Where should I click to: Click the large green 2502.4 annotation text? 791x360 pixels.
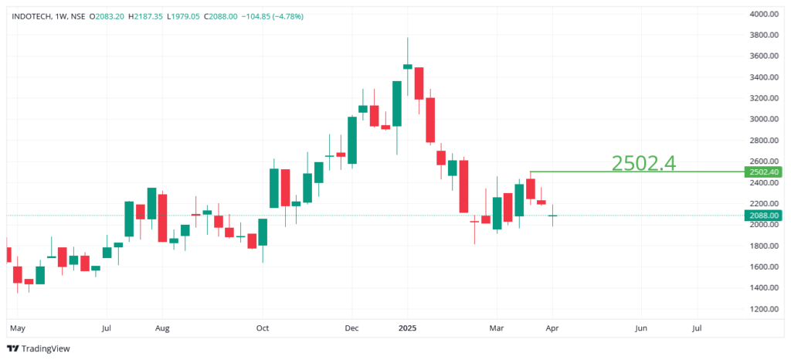point(643,162)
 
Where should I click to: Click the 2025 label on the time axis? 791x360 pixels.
point(407,328)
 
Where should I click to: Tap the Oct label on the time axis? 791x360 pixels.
point(263,328)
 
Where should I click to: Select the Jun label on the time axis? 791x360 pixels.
point(640,328)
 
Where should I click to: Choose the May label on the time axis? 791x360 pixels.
point(16,328)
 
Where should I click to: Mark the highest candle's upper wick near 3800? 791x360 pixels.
point(407,46)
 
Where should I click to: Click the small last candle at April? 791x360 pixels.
point(552,216)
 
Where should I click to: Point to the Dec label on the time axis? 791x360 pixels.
point(351,328)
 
